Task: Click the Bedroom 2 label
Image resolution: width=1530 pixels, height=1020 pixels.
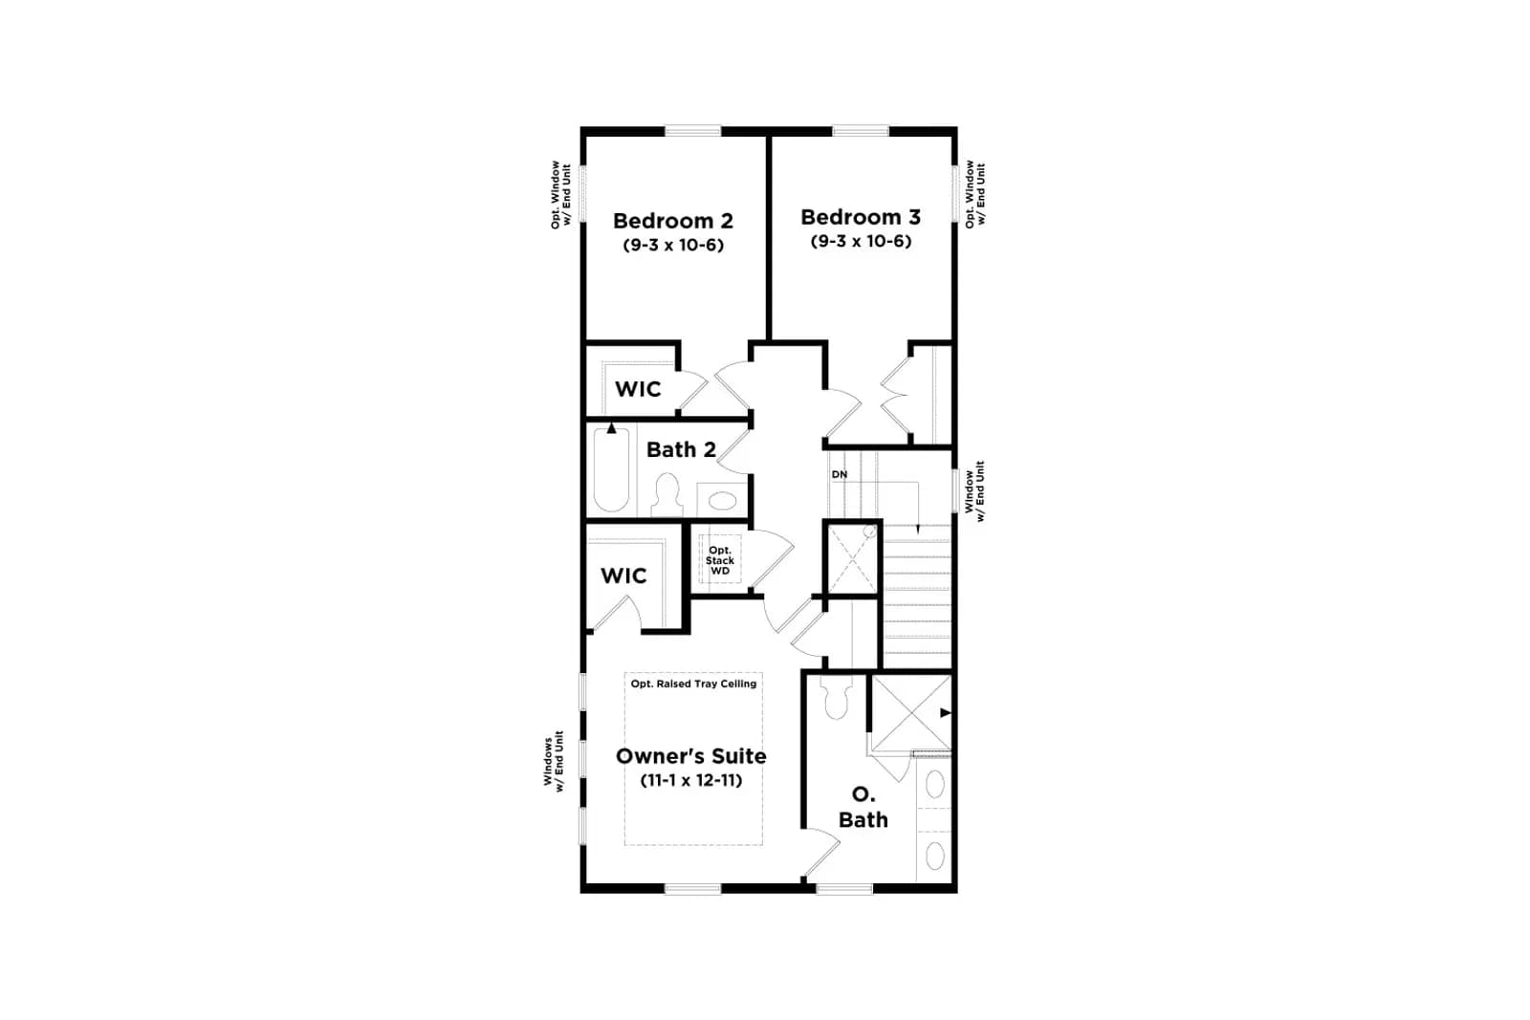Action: tap(673, 221)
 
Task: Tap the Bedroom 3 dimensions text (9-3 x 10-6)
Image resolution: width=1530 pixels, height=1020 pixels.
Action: tap(861, 241)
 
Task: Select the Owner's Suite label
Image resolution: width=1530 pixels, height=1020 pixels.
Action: tap(691, 756)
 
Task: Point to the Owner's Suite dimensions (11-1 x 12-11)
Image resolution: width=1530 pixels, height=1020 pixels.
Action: tap(691, 780)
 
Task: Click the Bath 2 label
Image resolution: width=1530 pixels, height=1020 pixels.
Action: tap(681, 450)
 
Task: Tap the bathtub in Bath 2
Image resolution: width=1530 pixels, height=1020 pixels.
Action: tap(611, 469)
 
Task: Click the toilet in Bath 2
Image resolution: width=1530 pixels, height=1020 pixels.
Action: tap(666, 495)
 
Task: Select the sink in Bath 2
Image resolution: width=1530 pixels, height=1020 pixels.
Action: tap(722, 501)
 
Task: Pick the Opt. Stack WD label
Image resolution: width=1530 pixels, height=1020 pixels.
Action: tap(720, 560)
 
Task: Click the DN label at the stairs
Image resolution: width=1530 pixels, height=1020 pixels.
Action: tap(840, 474)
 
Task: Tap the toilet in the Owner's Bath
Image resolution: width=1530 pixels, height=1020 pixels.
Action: tap(836, 697)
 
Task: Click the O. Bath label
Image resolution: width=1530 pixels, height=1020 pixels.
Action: tap(863, 807)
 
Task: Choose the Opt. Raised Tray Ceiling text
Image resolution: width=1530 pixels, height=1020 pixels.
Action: tap(693, 684)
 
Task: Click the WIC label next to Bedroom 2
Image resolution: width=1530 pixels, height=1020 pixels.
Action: tap(638, 389)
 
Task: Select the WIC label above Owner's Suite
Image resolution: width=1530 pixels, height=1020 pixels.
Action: tap(623, 575)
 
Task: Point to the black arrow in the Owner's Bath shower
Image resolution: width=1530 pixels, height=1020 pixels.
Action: tap(946, 713)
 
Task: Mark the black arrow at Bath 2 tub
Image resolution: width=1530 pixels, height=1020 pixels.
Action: tap(611, 428)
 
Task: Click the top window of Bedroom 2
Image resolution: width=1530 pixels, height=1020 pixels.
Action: tap(692, 130)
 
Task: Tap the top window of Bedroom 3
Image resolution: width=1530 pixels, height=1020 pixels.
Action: tap(860, 130)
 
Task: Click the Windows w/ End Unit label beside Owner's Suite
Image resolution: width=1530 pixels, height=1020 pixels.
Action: tap(554, 761)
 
